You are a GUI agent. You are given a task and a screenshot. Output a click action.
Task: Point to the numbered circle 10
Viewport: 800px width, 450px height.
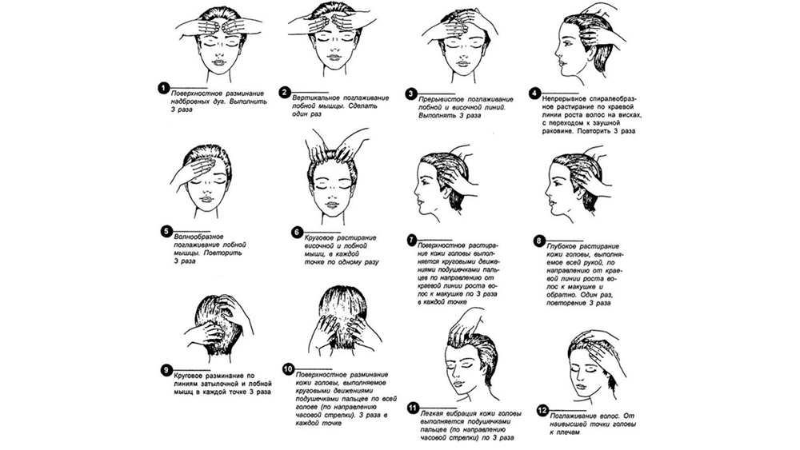click(x=290, y=368)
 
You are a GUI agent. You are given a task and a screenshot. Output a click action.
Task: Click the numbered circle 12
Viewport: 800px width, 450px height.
click(x=542, y=411)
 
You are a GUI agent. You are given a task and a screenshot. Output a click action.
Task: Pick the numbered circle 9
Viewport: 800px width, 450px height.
click(x=166, y=369)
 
